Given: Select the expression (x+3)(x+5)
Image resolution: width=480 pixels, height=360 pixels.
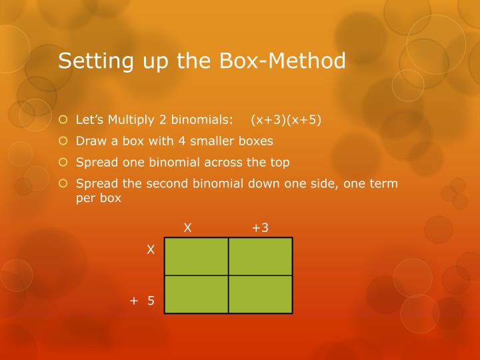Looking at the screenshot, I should coord(286,121).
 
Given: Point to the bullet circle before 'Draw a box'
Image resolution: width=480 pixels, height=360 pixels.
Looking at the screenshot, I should coord(63,141).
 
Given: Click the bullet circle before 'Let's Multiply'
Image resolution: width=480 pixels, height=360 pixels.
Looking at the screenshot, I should coord(63,121).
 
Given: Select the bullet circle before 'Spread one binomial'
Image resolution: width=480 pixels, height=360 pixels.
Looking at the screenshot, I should coord(63,162).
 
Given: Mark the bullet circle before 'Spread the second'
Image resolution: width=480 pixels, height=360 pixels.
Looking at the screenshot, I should coord(63,183).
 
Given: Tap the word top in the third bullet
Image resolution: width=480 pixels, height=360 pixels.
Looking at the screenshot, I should coord(280,162).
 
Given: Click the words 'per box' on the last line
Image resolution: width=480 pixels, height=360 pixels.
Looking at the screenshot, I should coord(99,198).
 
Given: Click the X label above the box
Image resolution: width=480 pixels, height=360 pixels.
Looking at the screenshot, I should coord(188,228).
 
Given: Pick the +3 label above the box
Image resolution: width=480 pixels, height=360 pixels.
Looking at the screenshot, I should coord(260,228).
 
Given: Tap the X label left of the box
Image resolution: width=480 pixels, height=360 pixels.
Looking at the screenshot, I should coord(151,250).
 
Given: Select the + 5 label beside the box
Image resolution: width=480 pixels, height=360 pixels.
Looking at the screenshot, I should coord(143,301).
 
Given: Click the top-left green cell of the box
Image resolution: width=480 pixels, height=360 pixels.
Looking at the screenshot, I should coord(197,256).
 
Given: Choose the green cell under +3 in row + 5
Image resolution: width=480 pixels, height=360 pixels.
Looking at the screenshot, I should coord(261,294).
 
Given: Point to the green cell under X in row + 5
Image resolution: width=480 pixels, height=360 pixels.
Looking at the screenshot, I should coord(197,294).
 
